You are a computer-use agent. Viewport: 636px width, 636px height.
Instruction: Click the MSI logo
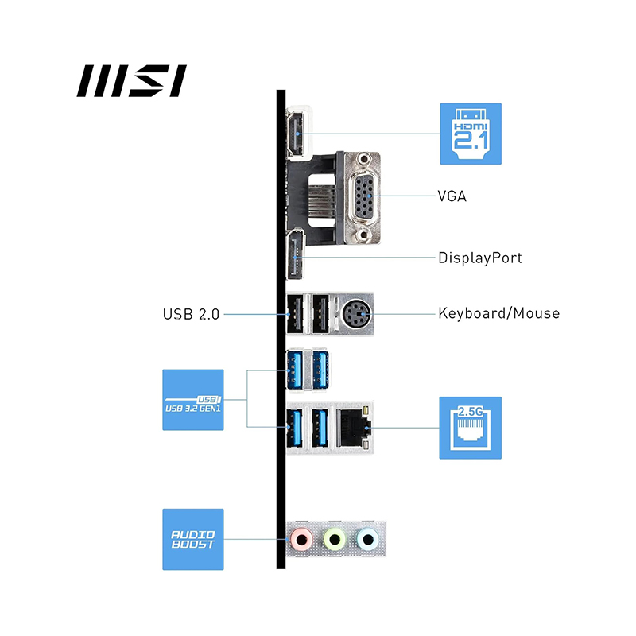point(131,81)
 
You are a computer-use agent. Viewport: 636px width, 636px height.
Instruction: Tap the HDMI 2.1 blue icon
point(471,133)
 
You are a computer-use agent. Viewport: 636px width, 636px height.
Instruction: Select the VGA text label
point(452,195)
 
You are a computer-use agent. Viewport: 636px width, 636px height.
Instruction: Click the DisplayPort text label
point(480,258)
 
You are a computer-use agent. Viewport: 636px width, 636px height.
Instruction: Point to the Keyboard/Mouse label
point(498,312)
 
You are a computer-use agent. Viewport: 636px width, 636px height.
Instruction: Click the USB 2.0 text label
point(191,313)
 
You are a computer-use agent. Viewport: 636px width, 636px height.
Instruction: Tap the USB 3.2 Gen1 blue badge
point(193,399)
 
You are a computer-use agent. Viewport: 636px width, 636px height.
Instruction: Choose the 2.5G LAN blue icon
point(471,428)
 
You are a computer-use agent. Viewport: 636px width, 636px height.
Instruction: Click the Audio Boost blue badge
point(193,539)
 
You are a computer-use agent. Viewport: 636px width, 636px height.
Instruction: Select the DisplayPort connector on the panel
point(296,257)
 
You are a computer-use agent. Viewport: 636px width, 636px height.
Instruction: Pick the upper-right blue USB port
point(321,370)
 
